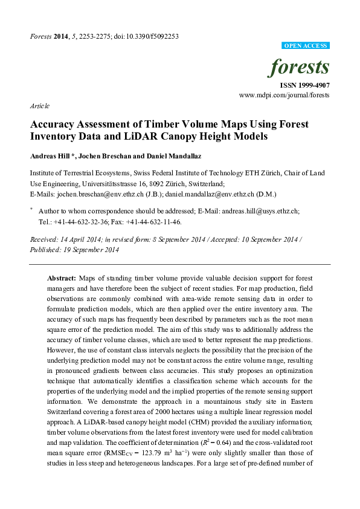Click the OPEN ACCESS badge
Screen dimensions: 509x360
pos(306,46)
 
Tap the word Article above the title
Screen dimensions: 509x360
pos(39,106)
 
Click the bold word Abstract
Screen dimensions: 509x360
pos(62,277)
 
